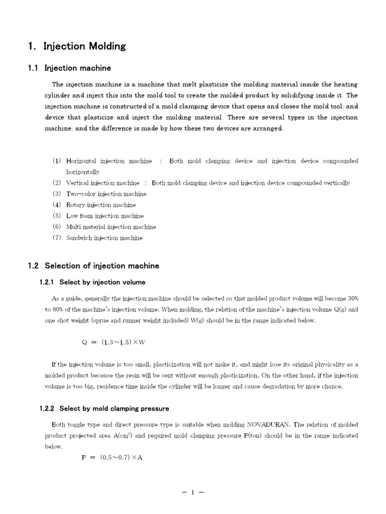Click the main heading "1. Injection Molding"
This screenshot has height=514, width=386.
click(77, 47)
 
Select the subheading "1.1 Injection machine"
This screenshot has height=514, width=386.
click(69, 68)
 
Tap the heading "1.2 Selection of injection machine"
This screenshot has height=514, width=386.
click(93, 266)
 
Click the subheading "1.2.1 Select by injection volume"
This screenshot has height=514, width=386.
click(92, 282)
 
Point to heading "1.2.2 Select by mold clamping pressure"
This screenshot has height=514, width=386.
click(104, 409)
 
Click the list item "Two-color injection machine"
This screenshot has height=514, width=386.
click(106, 194)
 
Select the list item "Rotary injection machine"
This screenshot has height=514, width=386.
click(101, 205)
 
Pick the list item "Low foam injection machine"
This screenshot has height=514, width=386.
click(105, 216)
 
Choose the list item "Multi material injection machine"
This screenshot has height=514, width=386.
click(111, 227)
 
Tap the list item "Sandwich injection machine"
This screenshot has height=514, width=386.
click(104, 238)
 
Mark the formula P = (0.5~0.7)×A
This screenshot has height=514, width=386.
click(112, 458)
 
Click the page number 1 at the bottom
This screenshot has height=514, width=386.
click(192, 492)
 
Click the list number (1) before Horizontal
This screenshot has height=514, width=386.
click(56, 161)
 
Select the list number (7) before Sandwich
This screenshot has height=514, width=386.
click(56, 238)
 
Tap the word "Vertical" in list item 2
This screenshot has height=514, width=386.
click(77, 183)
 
